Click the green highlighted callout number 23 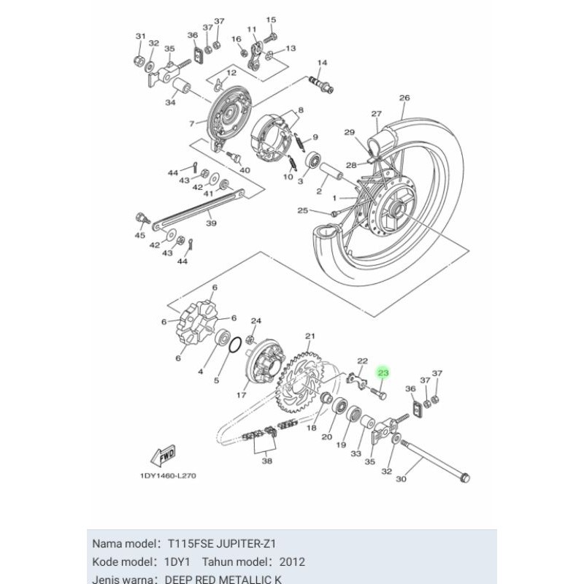pos(383,373)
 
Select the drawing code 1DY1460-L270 pos(168,476)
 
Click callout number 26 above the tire pos(404,98)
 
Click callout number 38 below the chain pos(266,461)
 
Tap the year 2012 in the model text pos(292,562)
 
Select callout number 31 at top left pos(141,36)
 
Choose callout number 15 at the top pos(272,20)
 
